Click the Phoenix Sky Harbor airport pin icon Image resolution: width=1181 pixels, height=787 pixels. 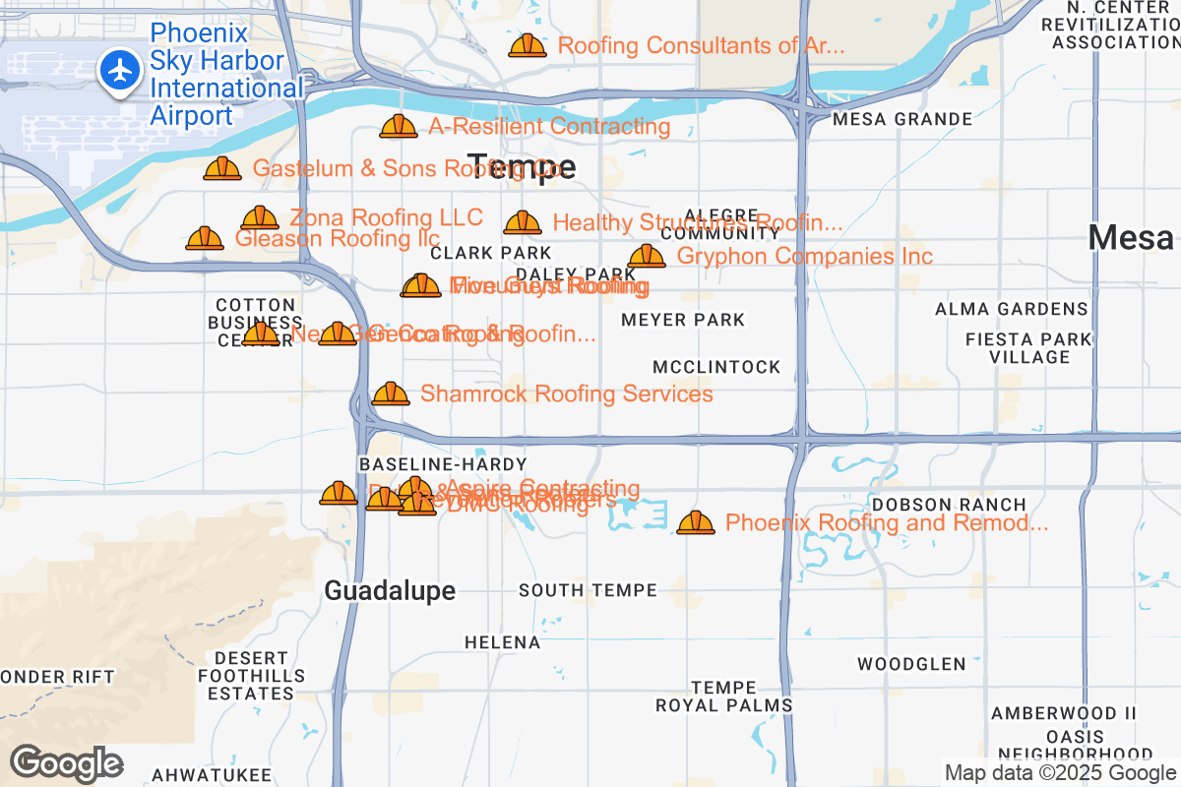(x=121, y=73)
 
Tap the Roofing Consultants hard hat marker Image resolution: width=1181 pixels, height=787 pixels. (x=528, y=45)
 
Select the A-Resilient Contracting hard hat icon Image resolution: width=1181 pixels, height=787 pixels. (x=399, y=126)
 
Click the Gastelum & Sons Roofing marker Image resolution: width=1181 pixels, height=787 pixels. (x=222, y=168)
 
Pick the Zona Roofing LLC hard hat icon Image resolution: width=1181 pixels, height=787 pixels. (x=260, y=217)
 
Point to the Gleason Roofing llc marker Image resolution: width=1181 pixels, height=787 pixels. (x=205, y=238)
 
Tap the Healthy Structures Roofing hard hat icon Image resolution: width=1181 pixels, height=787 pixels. (x=523, y=223)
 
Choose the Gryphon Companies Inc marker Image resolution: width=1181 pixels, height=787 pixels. (x=647, y=256)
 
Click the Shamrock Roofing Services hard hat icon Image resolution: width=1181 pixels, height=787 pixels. (x=391, y=393)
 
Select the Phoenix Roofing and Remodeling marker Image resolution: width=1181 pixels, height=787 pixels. (x=696, y=522)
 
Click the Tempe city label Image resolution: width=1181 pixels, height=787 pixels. (x=521, y=167)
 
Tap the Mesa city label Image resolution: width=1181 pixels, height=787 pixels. (x=1131, y=237)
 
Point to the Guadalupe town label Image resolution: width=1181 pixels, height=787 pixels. (x=390, y=590)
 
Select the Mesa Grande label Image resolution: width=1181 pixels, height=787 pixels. (x=901, y=119)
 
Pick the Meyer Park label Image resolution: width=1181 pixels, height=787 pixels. (x=683, y=320)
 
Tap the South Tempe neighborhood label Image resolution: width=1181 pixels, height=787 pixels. (x=588, y=590)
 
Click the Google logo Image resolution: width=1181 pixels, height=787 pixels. (x=67, y=763)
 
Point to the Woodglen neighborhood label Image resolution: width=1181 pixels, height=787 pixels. (x=911, y=664)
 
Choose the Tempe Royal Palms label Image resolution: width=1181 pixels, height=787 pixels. (x=724, y=696)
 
